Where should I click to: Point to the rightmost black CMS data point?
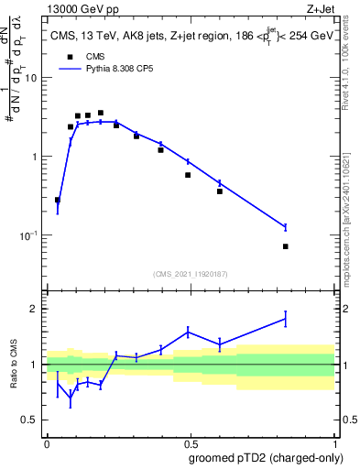tap(285, 246)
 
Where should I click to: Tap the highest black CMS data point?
tap(100, 113)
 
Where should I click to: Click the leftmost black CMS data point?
tap(58, 200)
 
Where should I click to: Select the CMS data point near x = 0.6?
tap(220, 191)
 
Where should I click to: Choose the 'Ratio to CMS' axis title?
tap(13, 365)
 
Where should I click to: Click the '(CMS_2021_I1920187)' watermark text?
tap(190, 273)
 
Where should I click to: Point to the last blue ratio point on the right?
tap(285, 319)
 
